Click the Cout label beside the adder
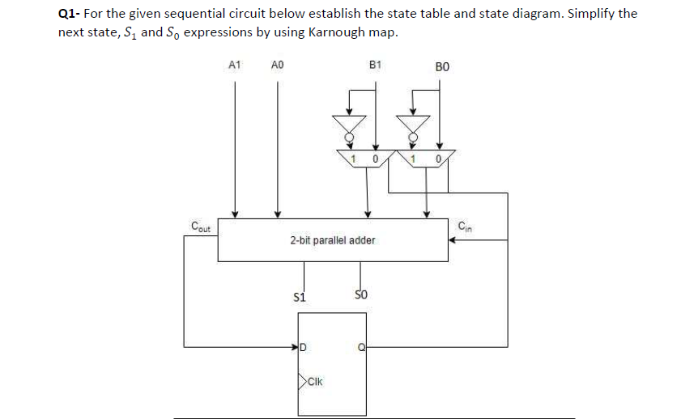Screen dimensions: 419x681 tap(198, 226)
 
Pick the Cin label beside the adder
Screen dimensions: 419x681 tap(464, 225)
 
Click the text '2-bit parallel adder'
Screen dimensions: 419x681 tap(332, 240)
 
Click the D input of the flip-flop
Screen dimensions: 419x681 tap(304, 349)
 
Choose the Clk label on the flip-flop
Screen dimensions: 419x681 tap(314, 379)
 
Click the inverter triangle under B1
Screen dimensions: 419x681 tap(349, 125)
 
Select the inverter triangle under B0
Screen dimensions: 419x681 tap(413, 125)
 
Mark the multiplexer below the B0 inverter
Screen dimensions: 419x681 tap(426, 158)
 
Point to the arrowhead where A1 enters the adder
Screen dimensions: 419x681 tap(235, 214)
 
